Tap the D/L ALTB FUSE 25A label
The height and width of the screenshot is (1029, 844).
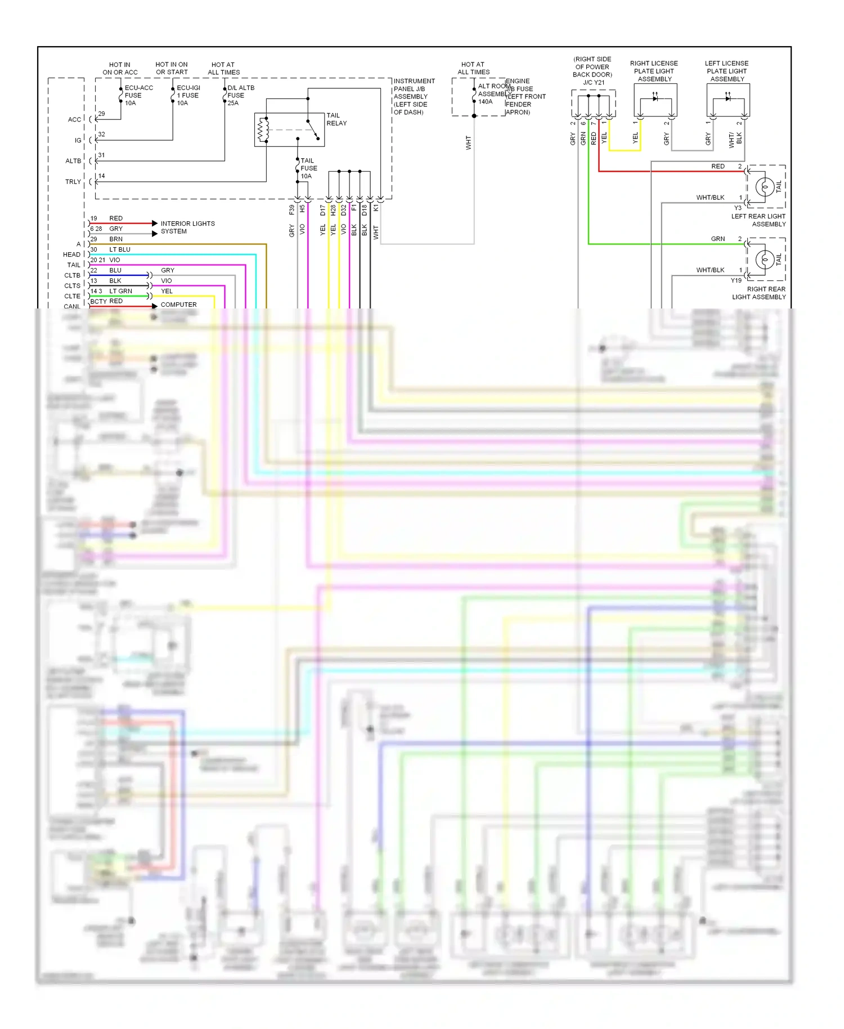[240, 95]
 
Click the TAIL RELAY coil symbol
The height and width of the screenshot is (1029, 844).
[261, 130]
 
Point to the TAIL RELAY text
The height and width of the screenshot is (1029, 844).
[336, 119]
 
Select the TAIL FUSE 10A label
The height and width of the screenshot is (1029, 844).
[308, 168]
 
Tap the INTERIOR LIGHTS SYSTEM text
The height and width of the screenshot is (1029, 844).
[187, 227]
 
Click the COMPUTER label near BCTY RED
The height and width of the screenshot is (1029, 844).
[178, 305]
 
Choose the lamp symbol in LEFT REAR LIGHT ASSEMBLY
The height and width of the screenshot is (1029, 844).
[765, 186]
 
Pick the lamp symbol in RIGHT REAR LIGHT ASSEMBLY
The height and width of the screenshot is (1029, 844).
[765, 259]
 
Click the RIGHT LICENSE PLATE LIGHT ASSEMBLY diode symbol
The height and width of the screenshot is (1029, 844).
[655, 99]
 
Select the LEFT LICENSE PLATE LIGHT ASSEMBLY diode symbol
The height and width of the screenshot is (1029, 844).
[728, 99]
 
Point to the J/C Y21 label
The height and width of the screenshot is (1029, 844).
[593, 83]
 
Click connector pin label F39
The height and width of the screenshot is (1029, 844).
[291, 210]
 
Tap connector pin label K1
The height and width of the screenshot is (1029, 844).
[375, 208]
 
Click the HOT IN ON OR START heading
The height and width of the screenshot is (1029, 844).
[172, 68]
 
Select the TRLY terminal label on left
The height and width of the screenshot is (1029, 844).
[73, 182]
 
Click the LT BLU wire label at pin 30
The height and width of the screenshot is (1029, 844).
[119, 249]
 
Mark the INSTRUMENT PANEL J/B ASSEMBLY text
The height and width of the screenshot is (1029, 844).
[414, 96]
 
